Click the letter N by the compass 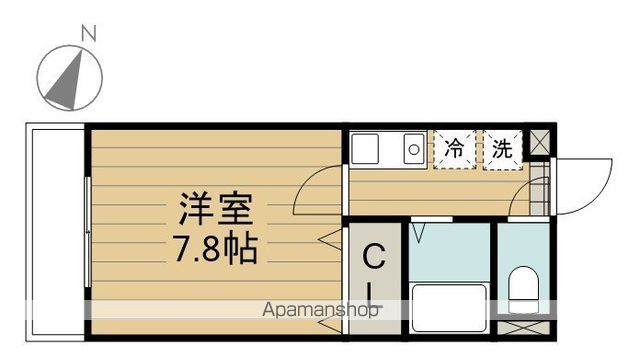point(87,33)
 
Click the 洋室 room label point(217,209)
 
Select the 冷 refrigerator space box point(455,149)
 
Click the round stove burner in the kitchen point(412,150)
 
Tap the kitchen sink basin point(363,150)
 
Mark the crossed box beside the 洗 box point(539,142)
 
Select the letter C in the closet point(372,259)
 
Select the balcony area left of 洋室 point(54,230)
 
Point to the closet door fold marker point(327,237)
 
